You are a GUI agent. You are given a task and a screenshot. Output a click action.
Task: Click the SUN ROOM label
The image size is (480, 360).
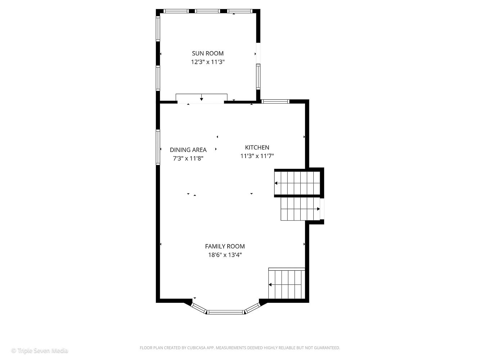pos(207,53)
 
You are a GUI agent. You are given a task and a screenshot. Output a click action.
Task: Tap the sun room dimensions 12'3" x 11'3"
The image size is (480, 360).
pos(207,62)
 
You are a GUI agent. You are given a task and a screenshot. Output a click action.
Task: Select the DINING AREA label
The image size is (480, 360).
pos(188,150)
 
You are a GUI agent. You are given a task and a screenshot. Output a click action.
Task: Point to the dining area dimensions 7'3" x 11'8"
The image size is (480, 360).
pos(188,158)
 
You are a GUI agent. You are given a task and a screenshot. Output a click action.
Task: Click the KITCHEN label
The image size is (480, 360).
pos(257,147)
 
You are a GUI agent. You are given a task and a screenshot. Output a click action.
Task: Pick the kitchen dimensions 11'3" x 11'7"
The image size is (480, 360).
pos(257,156)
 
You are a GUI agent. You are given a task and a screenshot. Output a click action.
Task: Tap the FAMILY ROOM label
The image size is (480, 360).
pos(225,246)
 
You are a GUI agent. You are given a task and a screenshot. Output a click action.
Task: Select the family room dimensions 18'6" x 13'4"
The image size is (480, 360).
pos(225,255)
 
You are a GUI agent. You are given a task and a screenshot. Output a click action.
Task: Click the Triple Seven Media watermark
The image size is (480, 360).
pos(40,350)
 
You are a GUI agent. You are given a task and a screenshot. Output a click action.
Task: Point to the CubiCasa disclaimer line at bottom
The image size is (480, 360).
pos(239,348)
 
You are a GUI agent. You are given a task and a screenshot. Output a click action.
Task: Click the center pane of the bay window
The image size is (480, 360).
pos(226,312)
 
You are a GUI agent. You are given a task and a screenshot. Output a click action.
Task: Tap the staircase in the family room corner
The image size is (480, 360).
pos(287,284)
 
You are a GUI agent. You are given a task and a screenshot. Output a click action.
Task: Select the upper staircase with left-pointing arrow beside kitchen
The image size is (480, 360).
pos(297,183)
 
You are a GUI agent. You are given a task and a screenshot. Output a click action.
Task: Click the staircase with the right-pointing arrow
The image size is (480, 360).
pos(300,209)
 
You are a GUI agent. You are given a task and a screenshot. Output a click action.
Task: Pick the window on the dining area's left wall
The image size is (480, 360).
pos(158,147)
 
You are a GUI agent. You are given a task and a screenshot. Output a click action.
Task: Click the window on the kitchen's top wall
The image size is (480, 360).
pos(275,102)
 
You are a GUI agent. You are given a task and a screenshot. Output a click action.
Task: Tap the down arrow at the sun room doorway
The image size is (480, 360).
pos(201,98)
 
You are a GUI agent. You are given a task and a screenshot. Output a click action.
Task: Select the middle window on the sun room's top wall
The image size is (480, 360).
pos(207,11)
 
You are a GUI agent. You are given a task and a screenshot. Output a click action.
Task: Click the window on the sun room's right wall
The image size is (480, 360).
pos(258,76)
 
